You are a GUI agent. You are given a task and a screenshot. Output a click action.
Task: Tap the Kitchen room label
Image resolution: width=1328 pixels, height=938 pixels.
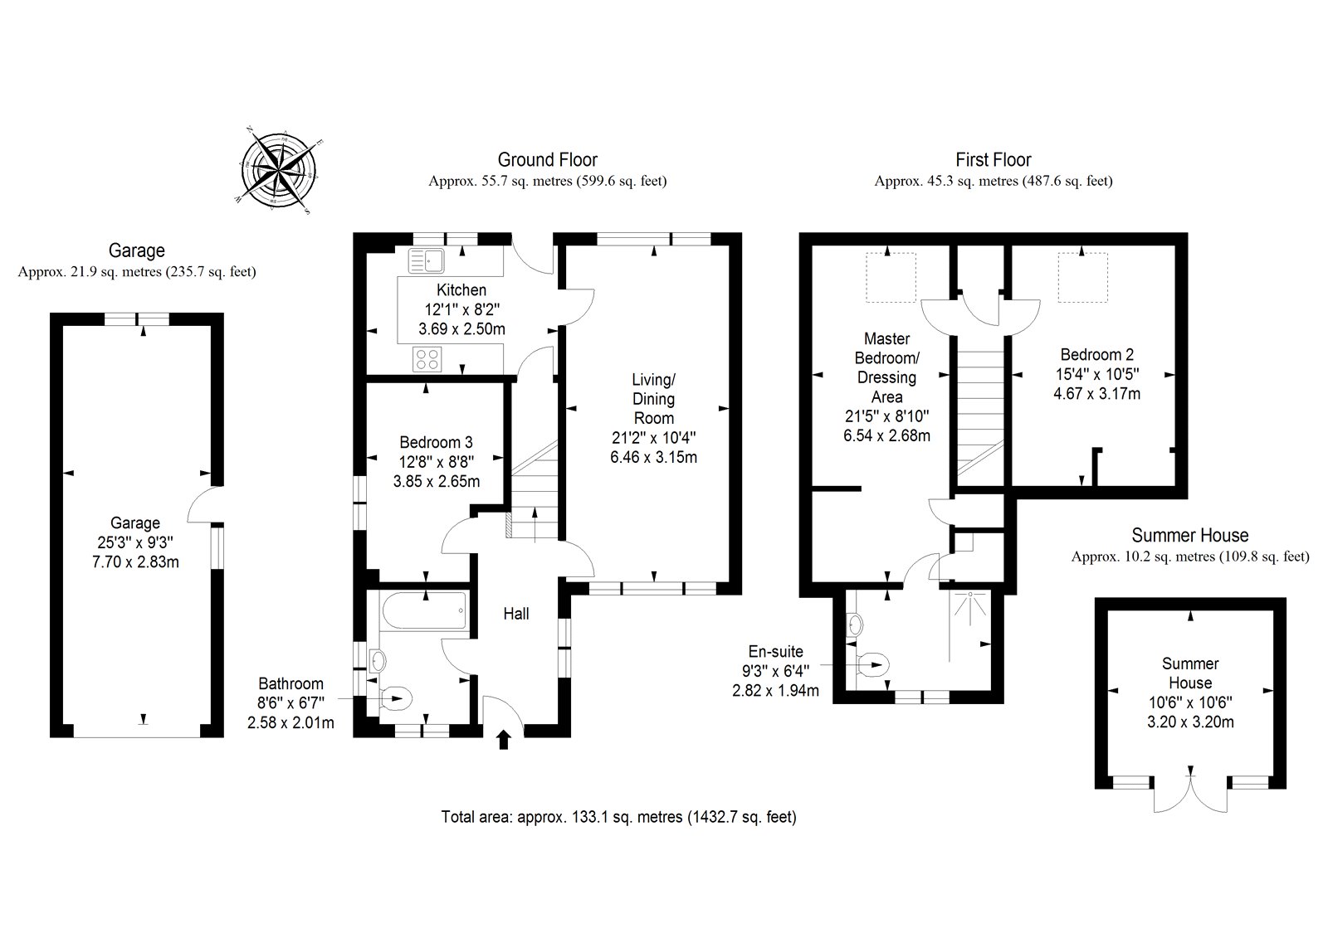461,290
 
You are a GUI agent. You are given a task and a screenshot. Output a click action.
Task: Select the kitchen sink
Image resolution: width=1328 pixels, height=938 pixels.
427,261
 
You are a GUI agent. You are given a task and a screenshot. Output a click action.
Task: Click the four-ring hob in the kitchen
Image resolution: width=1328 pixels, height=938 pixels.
428,359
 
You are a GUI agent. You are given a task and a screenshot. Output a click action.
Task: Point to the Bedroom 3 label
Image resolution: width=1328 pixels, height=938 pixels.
436,443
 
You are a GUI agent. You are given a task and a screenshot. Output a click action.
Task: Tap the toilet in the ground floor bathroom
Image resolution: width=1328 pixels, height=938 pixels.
396,699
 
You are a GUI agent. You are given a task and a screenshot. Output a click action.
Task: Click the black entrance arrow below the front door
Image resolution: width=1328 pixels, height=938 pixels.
504,739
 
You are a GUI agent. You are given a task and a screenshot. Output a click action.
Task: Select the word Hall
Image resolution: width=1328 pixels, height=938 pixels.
516,614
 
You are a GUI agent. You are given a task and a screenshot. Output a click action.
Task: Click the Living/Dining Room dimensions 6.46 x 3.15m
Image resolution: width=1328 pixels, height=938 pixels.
653,457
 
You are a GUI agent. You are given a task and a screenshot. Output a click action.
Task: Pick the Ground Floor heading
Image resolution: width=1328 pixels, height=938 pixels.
547,160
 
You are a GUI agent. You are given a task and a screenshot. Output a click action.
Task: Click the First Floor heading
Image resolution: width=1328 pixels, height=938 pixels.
993,160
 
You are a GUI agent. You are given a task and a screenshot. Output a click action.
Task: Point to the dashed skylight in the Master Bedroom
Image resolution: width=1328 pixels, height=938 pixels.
890,278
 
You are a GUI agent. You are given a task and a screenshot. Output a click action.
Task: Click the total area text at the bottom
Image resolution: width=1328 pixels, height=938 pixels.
618,817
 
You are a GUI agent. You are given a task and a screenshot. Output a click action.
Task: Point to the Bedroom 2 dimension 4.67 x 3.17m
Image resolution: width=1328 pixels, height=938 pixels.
1096,394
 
